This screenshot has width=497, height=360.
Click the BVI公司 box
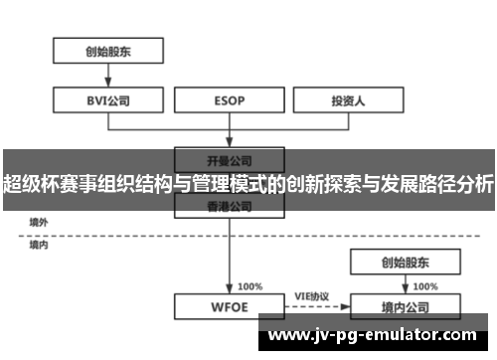tap(108, 99)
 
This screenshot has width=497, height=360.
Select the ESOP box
tap(231, 99)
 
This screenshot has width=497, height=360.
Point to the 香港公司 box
tap(231, 206)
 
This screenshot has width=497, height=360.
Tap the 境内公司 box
tap(405, 306)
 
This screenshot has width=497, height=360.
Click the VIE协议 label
tap(312, 296)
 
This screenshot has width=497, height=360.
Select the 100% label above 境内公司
tap(425, 285)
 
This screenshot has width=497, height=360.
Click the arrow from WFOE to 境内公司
tap(312, 306)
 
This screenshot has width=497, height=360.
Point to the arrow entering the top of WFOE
tap(231, 269)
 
